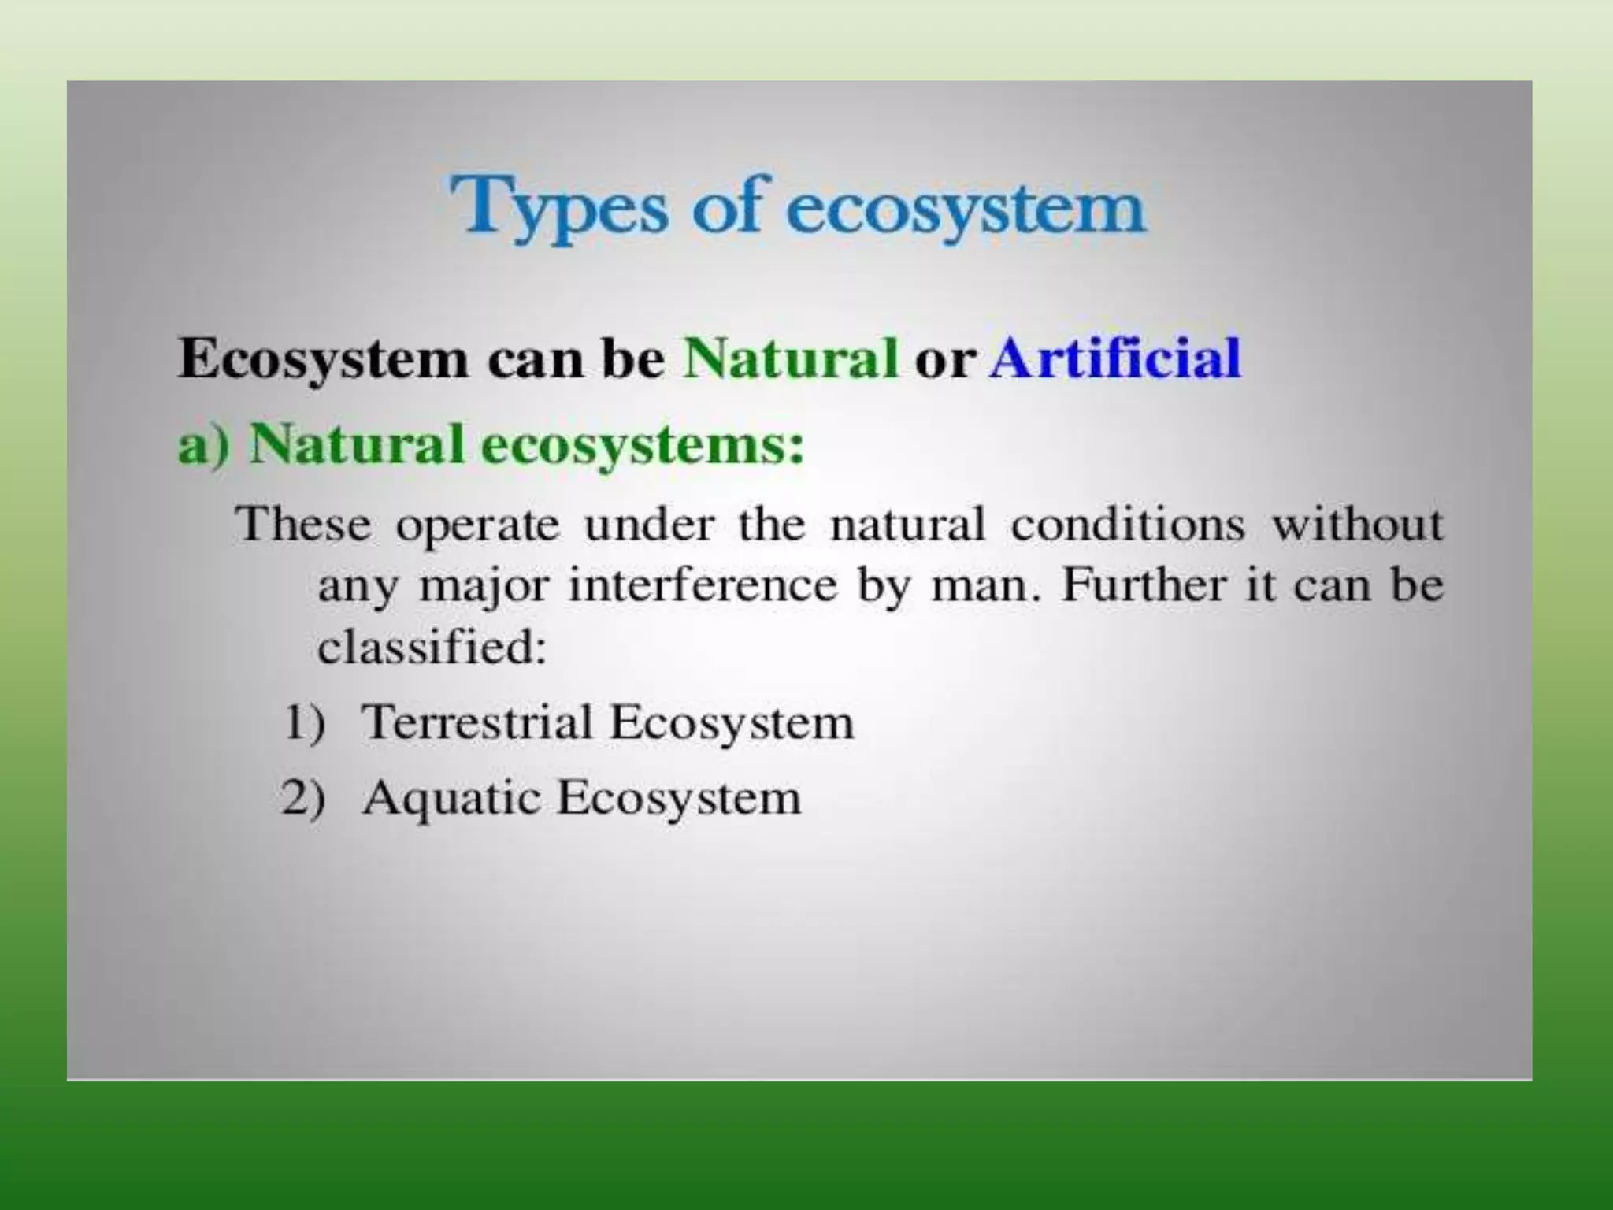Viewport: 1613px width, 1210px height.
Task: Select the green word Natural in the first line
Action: pyautogui.click(x=790, y=358)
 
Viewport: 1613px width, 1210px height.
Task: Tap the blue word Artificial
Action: pyautogui.click(x=1115, y=358)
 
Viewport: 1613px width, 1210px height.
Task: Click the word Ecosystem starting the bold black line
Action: pyautogui.click(x=323, y=360)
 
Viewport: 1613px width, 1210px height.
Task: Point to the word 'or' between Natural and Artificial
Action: pyautogui.click(x=944, y=360)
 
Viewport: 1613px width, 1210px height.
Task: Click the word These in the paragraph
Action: pyautogui.click(x=303, y=524)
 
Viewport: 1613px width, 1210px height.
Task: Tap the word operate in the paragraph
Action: pyautogui.click(x=477, y=525)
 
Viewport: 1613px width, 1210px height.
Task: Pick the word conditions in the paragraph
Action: pyautogui.click(x=1127, y=524)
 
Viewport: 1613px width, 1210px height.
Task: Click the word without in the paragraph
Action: pyautogui.click(x=1358, y=524)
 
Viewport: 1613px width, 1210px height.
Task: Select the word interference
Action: pyautogui.click(x=703, y=586)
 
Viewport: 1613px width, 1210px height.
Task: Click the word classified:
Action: pyautogui.click(x=432, y=648)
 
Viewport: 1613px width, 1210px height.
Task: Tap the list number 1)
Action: pyautogui.click(x=304, y=722)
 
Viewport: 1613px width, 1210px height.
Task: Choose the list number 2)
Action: pyautogui.click(x=303, y=797)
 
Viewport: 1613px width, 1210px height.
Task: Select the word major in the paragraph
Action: pyautogui.click(x=483, y=588)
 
